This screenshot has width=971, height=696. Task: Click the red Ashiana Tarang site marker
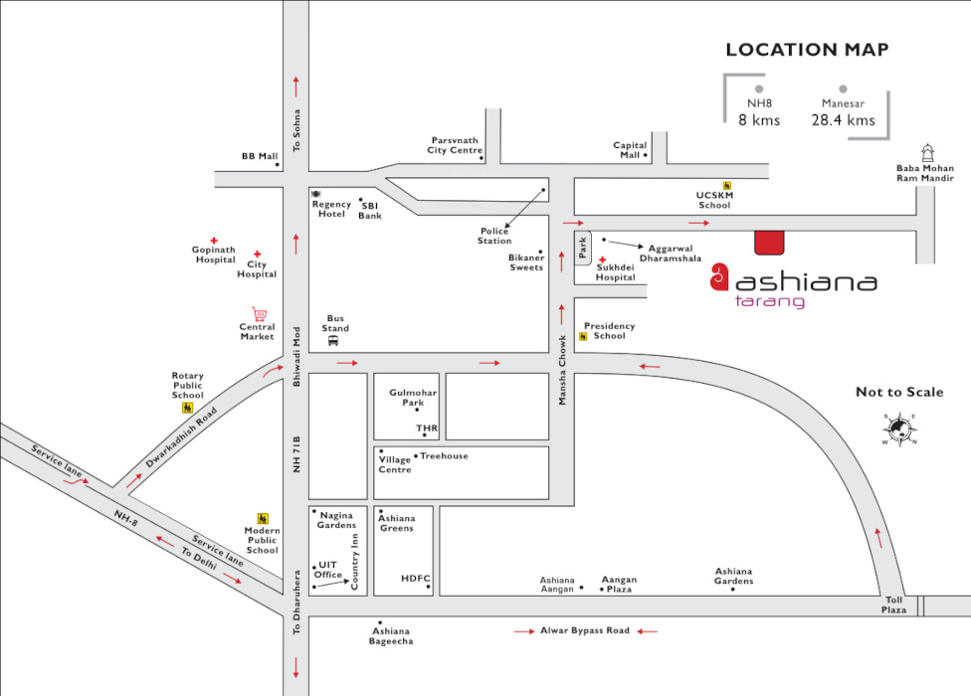(x=769, y=243)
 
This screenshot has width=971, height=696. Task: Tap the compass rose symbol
(x=899, y=429)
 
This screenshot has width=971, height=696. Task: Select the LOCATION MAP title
(x=807, y=50)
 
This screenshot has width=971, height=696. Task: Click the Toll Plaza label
(x=895, y=605)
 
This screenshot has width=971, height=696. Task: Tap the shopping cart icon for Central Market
(x=260, y=314)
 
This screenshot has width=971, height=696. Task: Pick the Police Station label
(x=494, y=236)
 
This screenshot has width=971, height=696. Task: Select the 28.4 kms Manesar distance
(x=843, y=120)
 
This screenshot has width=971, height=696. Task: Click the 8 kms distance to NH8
(x=759, y=120)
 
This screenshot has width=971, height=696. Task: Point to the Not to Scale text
(x=899, y=392)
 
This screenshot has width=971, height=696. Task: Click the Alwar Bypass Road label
(x=585, y=630)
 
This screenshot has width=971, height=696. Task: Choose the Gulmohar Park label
(x=413, y=397)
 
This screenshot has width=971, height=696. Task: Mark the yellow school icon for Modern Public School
(x=263, y=518)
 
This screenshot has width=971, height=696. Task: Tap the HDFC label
(x=415, y=578)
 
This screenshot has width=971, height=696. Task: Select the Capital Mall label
(x=630, y=150)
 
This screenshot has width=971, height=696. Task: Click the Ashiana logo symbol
(x=721, y=279)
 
